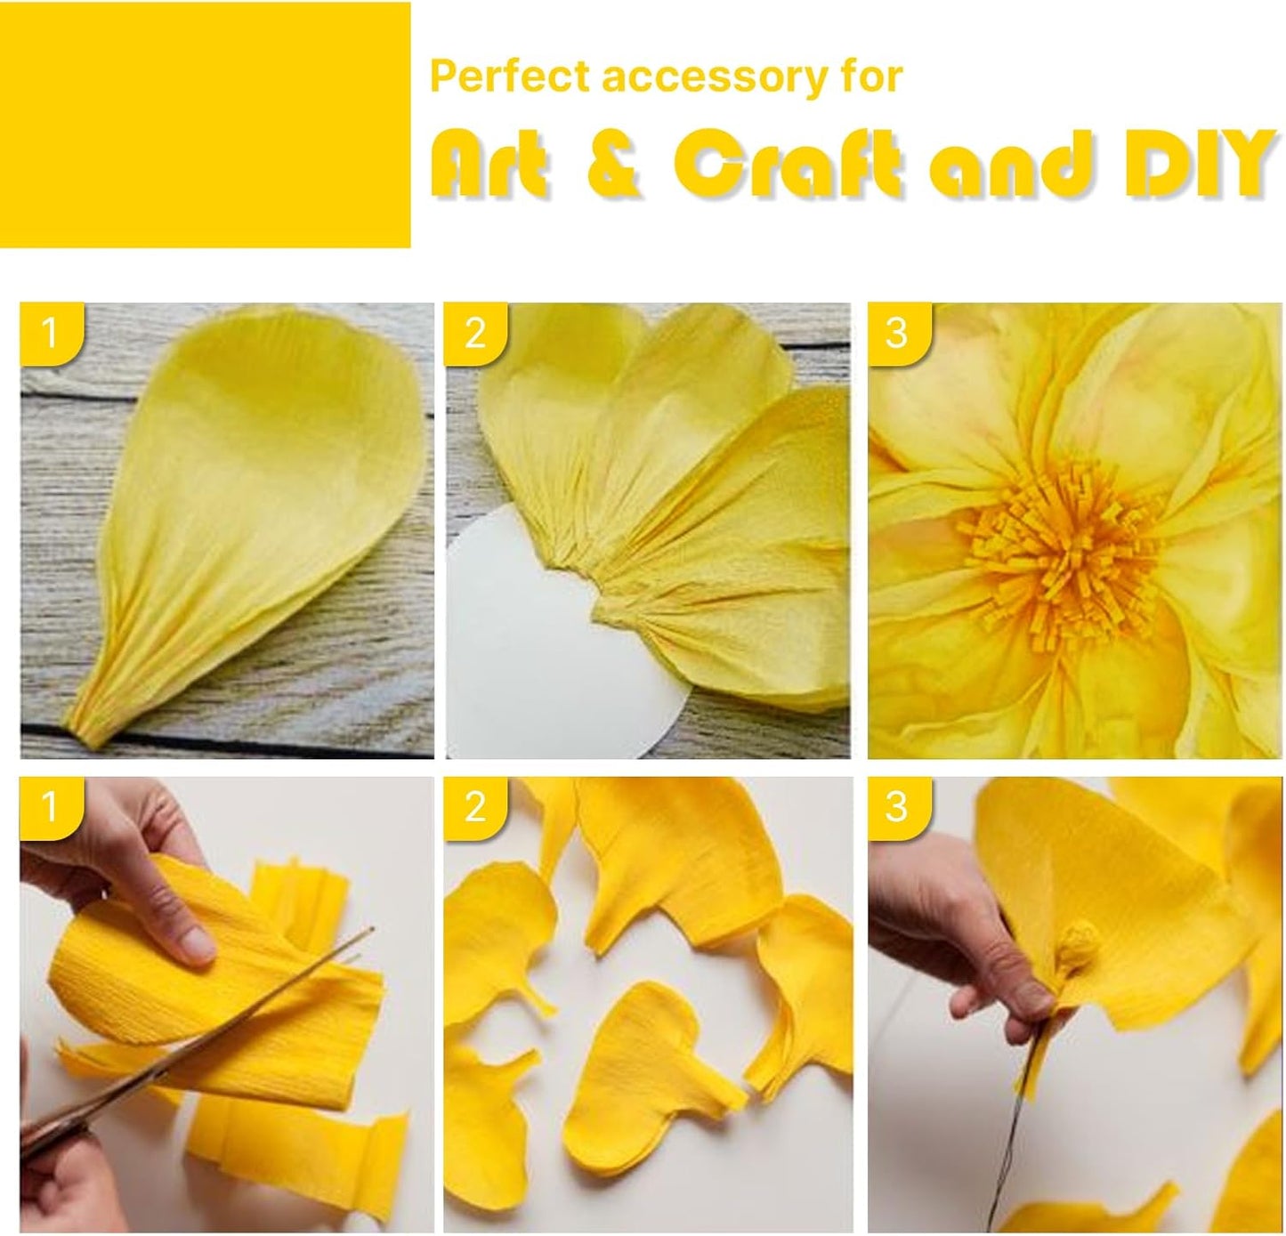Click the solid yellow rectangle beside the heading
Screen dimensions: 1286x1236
click(x=205, y=125)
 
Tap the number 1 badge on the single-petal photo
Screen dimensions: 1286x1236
click(x=52, y=334)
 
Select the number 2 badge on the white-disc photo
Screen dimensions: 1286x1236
click(x=475, y=334)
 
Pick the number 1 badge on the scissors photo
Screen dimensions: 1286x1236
click(x=52, y=808)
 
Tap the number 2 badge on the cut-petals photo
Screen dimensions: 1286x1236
click(x=475, y=808)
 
